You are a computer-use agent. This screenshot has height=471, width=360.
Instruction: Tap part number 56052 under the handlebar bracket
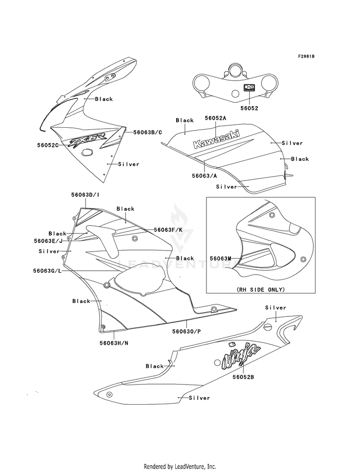(249, 108)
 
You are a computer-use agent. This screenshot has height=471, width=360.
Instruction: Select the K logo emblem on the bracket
(249, 88)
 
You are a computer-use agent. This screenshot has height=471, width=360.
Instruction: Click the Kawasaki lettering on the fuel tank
(216, 139)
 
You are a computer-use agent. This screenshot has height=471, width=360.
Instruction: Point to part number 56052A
(215, 118)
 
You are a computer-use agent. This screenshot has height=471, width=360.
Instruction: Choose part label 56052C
(48, 145)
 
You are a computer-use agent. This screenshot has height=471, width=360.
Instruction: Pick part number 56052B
(243, 377)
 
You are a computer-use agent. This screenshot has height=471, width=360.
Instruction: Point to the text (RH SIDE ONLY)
(260, 290)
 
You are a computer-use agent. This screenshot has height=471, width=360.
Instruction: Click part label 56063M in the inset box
(220, 258)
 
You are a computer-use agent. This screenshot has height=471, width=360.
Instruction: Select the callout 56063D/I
(85, 194)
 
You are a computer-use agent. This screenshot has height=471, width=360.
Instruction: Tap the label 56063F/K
(168, 230)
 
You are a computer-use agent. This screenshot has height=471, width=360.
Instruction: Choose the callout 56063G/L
(48, 271)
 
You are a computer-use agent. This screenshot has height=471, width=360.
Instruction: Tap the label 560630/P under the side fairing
(186, 332)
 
